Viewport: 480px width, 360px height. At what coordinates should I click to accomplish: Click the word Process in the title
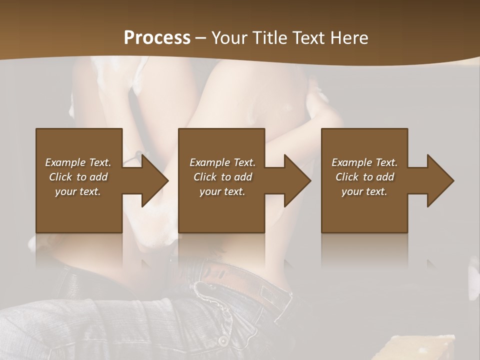point(157,38)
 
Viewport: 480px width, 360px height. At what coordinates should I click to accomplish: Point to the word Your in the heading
point(228,38)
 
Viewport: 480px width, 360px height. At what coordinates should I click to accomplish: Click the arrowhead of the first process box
point(153,180)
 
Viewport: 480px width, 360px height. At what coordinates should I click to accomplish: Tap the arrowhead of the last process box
point(438,180)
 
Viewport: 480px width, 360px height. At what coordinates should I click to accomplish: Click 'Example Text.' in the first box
point(78,162)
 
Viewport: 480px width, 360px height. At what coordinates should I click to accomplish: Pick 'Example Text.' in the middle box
point(222,162)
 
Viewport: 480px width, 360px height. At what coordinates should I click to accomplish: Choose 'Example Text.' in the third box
point(364,162)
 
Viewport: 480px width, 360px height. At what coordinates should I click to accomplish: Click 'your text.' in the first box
point(78,191)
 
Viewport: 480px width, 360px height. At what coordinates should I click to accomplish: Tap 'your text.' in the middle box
point(222,191)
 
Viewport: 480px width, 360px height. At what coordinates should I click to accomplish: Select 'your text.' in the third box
point(364,191)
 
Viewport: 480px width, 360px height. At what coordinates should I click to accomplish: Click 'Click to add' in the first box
point(78,177)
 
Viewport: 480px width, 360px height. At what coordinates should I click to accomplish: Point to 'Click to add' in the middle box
point(222,177)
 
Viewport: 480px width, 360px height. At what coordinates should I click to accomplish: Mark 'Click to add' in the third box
point(364,177)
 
